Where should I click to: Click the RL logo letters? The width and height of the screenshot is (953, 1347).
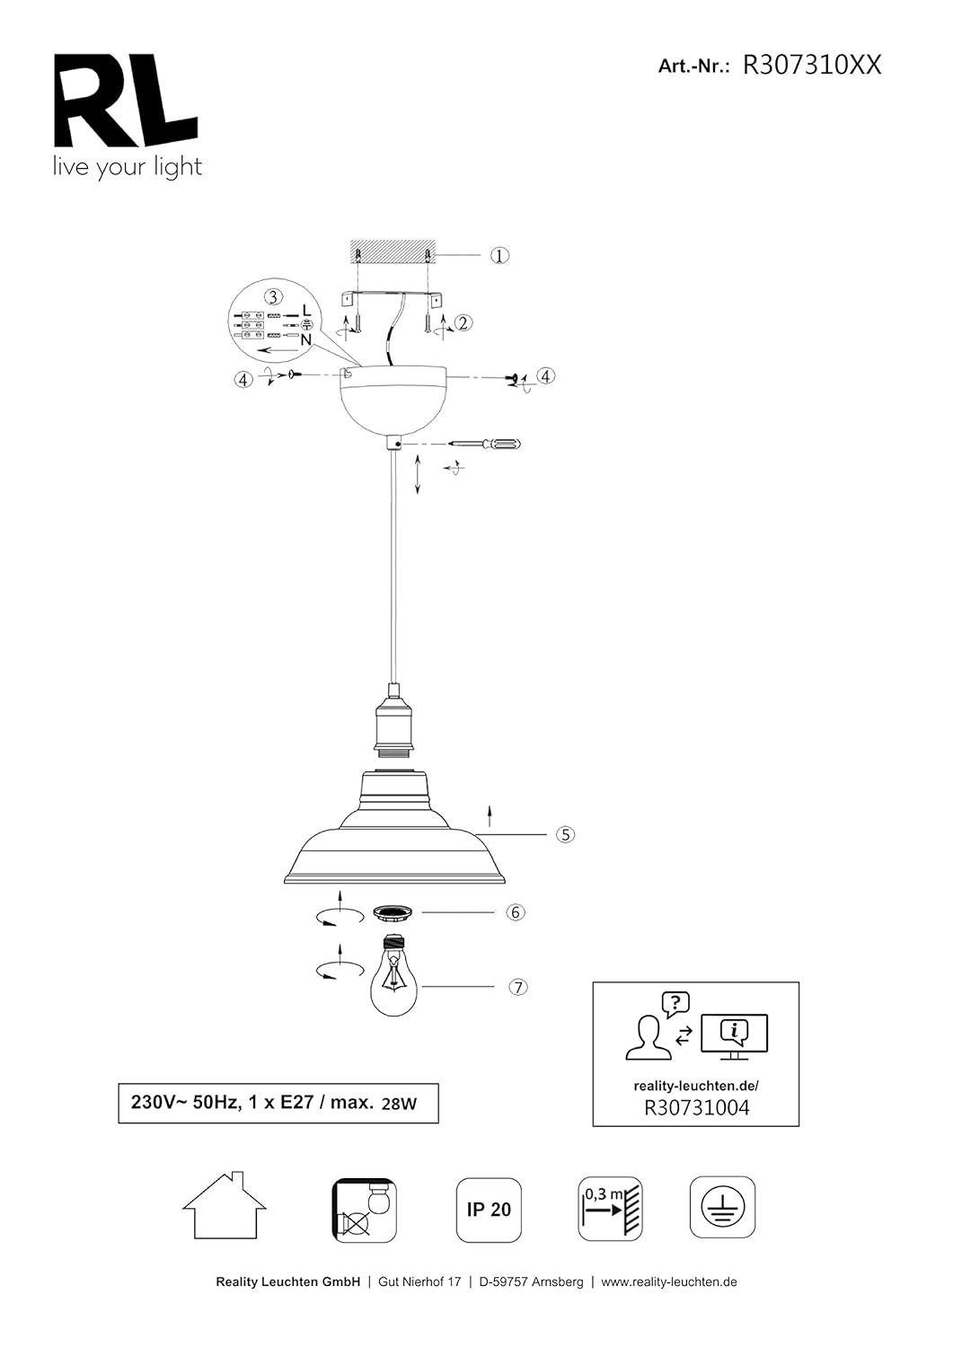pyautogui.click(x=126, y=101)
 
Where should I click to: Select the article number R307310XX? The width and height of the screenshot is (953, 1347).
pyautogui.click(x=812, y=65)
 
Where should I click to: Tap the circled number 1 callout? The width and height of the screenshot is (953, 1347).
pyautogui.click(x=499, y=256)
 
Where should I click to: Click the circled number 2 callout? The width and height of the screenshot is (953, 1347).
pyautogui.click(x=463, y=323)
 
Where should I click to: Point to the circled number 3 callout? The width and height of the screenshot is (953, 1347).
pyautogui.click(x=274, y=297)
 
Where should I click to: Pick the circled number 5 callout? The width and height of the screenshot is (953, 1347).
pyautogui.click(x=566, y=834)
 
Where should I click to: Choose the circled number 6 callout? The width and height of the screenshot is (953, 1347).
pyautogui.click(x=515, y=912)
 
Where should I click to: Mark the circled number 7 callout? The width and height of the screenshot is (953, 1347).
pyautogui.click(x=518, y=987)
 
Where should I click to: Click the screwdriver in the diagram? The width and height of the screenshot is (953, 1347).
pyautogui.click(x=485, y=445)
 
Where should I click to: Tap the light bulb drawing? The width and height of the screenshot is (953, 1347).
pyautogui.click(x=394, y=974)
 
